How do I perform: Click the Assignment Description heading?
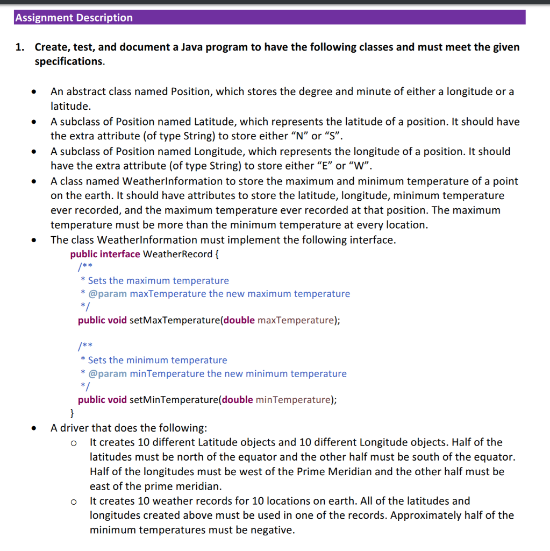click(x=74, y=18)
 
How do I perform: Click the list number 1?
click(x=19, y=47)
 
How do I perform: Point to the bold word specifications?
click(x=69, y=61)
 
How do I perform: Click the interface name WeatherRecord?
click(x=177, y=254)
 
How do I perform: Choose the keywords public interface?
click(x=105, y=254)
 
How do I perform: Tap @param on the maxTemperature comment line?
click(x=108, y=294)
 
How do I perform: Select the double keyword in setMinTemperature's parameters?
click(x=238, y=400)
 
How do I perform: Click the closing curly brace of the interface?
click(x=73, y=414)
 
